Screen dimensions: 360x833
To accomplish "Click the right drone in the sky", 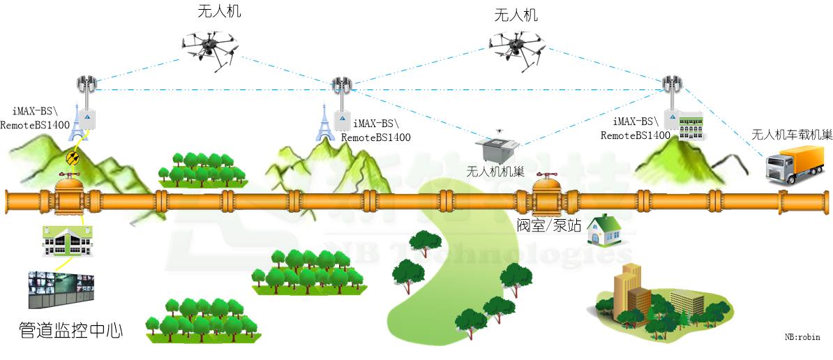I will [516, 47].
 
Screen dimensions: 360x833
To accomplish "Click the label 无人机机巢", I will [495, 172].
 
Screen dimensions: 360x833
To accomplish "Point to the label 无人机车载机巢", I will [791, 135].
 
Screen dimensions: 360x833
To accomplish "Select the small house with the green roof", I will [604, 230].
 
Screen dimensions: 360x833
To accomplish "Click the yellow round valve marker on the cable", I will [72, 160].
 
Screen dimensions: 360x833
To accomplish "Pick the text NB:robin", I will [802, 338].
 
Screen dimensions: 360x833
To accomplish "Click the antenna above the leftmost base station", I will [86, 85].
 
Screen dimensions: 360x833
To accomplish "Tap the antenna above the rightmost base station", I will [672, 84].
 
